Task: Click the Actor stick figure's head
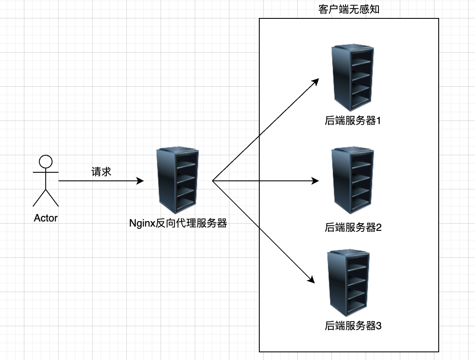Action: click(45, 161)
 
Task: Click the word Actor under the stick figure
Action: click(46, 218)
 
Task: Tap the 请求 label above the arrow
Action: click(101, 172)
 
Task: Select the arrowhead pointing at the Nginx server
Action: click(140, 181)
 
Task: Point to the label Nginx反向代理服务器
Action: click(178, 223)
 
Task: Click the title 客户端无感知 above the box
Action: click(349, 9)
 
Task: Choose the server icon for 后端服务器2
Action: click(353, 180)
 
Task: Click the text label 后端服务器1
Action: click(353, 121)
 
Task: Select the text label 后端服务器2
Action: click(353, 227)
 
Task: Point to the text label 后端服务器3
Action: click(353, 326)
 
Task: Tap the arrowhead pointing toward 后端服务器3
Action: click(311, 280)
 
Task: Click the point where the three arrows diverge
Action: click(213, 181)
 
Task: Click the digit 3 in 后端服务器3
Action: click(378, 326)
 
